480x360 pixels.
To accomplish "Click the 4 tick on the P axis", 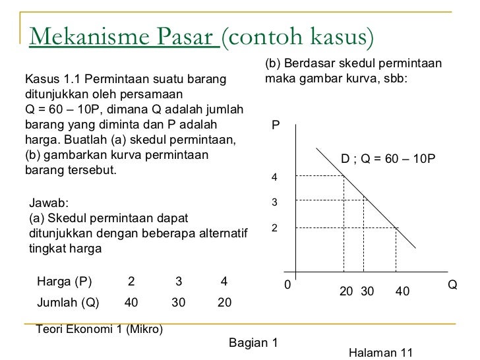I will click(276, 178).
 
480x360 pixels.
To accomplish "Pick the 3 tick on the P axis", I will click(276, 202).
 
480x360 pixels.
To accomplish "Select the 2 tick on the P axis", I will click(276, 228).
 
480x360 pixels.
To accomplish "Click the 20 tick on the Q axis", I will click(346, 291).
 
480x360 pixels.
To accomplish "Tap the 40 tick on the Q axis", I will click(402, 291).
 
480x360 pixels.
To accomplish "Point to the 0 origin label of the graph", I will click(287, 285).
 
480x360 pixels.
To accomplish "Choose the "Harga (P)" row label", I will click(65, 282).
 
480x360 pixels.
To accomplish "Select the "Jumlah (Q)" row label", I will click(69, 303).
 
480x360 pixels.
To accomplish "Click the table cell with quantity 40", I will click(131, 303).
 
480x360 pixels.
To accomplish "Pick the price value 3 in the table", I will click(178, 282).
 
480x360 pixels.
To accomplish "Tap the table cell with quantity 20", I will click(224, 303).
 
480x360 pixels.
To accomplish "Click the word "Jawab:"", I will click(49, 204).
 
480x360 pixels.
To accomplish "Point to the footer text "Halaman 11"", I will click(380, 353).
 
